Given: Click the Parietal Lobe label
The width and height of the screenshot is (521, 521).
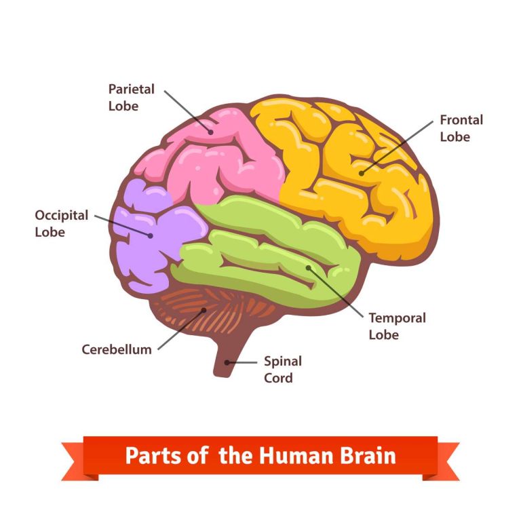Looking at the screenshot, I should (x=132, y=98).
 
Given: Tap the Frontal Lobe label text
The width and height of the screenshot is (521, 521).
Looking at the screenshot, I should (x=461, y=128).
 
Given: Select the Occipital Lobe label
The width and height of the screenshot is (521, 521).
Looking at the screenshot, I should (x=62, y=223).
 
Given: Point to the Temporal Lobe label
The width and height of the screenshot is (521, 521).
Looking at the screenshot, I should (x=397, y=326).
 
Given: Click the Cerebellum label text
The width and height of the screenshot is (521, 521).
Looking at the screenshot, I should (x=117, y=350).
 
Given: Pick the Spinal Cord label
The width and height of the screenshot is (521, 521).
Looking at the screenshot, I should (x=283, y=370).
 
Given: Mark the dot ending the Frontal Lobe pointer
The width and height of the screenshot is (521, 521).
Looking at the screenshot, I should (x=362, y=173).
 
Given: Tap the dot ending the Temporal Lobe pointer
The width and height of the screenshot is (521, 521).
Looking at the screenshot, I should (x=309, y=267).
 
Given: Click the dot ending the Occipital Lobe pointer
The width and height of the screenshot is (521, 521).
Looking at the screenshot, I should (x=150, y=235).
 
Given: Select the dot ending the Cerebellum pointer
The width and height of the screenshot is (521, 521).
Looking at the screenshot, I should (x=204, y=311).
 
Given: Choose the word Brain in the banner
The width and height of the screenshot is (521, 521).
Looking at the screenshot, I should (x=366, y=455).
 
